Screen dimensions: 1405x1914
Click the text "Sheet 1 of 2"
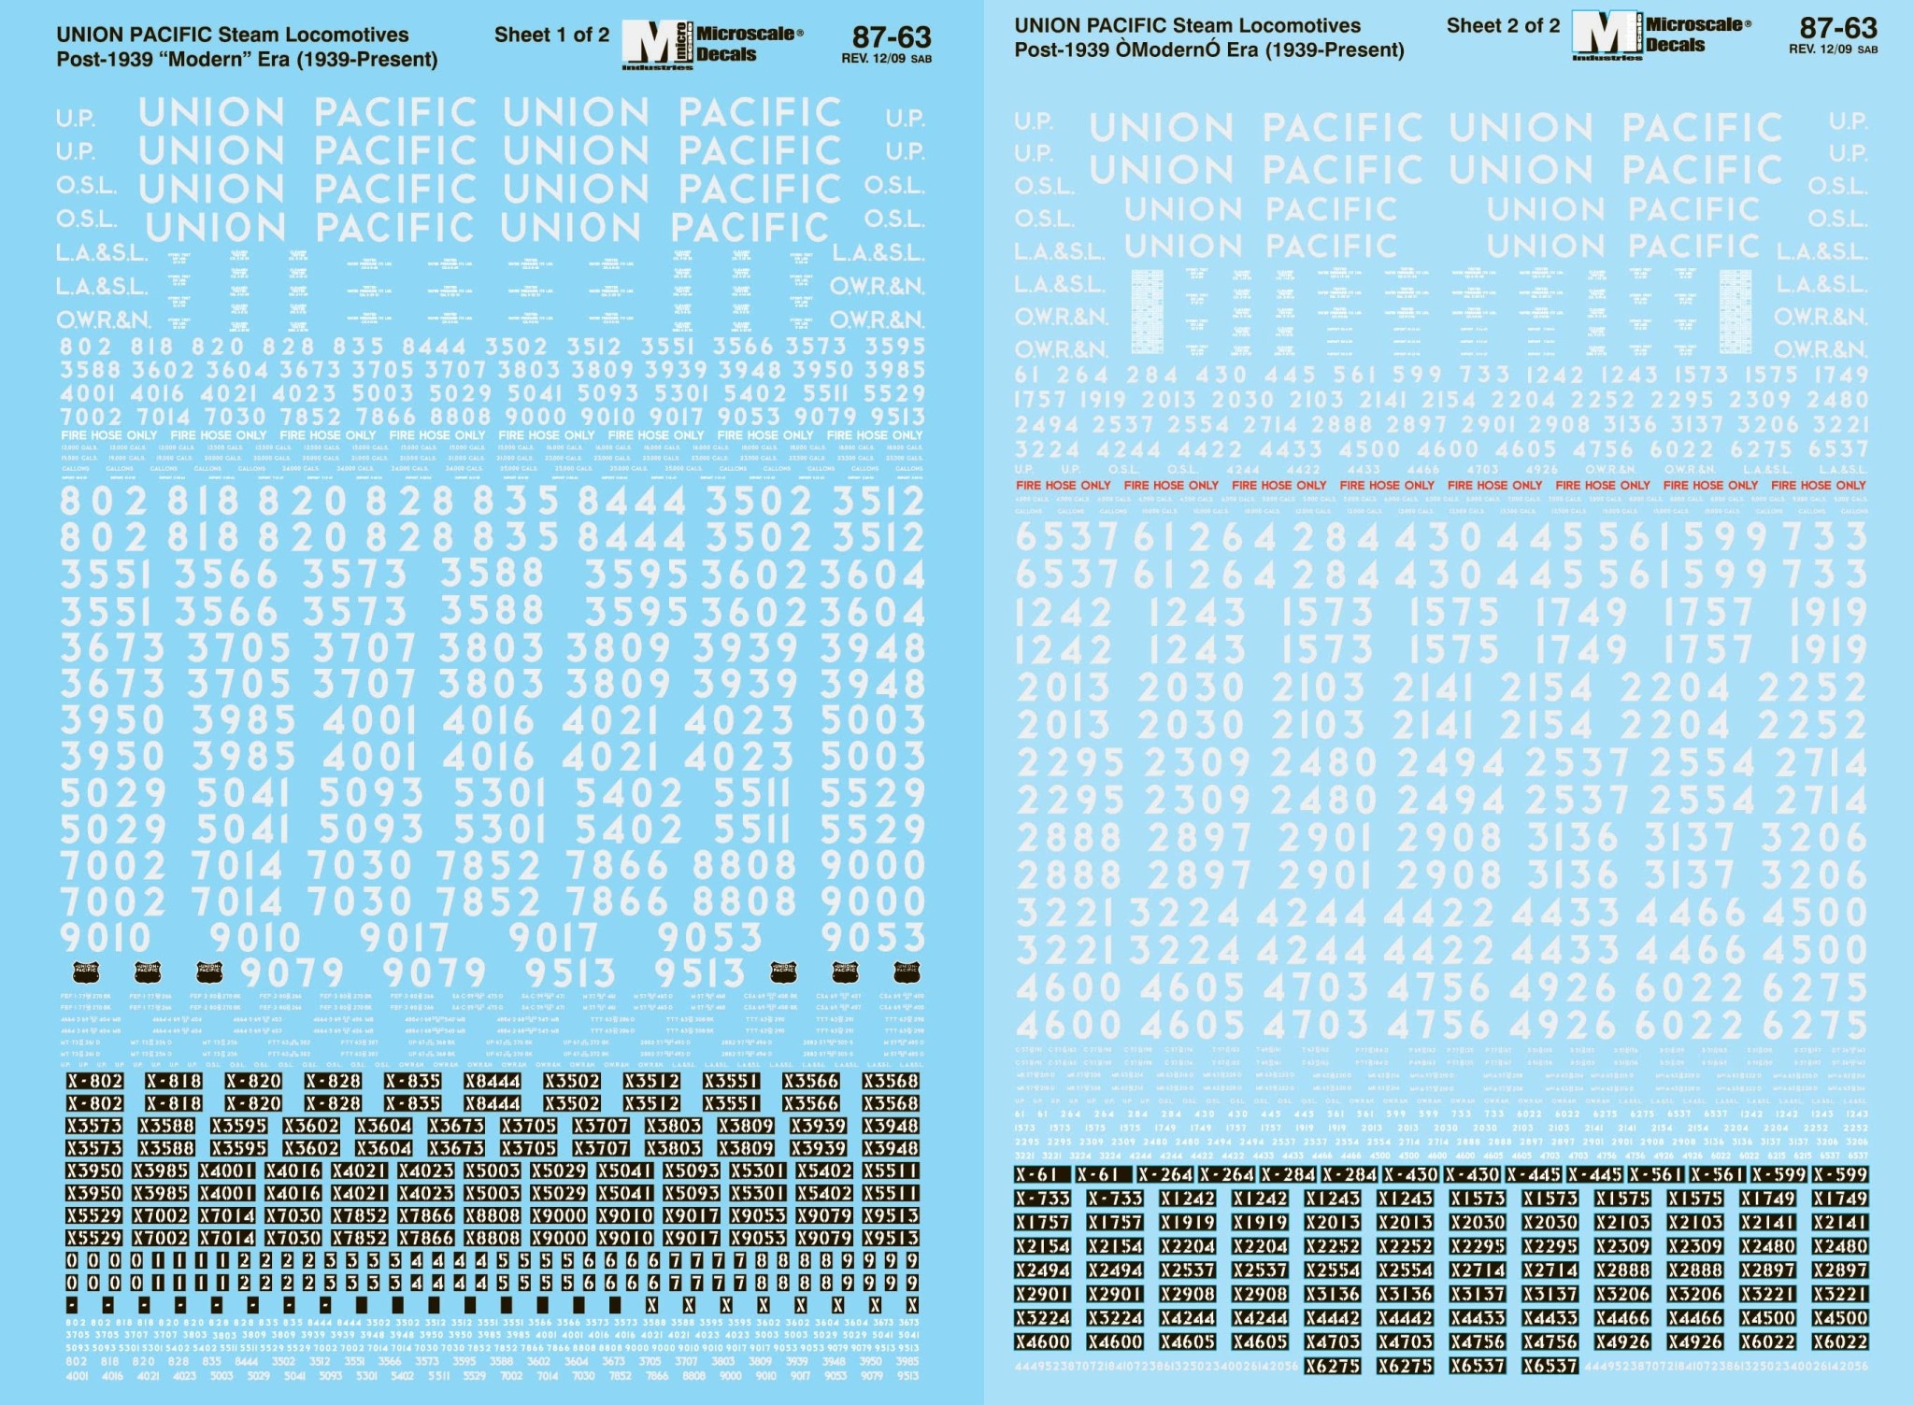551,35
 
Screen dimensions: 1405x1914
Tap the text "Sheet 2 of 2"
1503,26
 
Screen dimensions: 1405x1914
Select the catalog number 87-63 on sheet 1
892,36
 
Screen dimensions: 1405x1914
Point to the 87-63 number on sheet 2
1838,28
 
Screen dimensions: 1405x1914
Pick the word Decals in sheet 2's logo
1676,44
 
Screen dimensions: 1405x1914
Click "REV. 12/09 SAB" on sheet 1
886,59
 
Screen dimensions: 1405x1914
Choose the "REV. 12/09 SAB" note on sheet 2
1833,50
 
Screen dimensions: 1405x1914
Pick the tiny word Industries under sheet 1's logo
657,67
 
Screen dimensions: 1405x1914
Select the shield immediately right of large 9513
783,972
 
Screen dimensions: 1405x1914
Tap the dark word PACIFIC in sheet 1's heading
178,35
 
